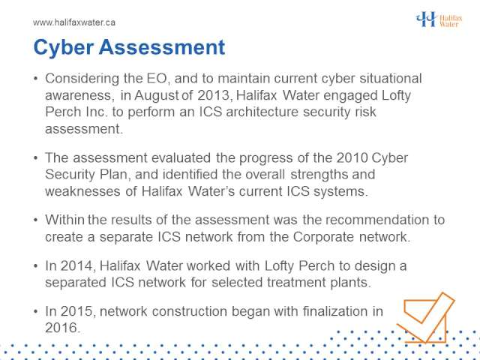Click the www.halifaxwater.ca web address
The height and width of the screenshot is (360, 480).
tap(74, 22)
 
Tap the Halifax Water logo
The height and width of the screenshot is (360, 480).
tap(439, 19)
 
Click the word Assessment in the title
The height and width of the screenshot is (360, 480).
tap(162, 47)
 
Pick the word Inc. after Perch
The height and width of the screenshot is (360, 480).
tap(93, 112)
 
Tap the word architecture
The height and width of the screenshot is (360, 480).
tap(262, 112)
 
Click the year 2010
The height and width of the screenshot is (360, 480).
tap(352, 158)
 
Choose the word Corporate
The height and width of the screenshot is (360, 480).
tap(323, 237)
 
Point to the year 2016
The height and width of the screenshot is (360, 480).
tap(62, 328)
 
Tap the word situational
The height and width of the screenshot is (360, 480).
tap(391, 78)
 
